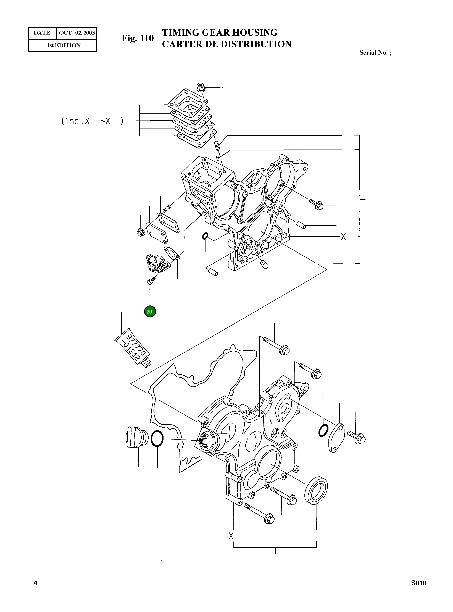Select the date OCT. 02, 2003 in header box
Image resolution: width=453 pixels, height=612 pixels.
click(x=77, y=33)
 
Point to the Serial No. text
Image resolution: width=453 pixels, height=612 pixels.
click(x=375, y=53)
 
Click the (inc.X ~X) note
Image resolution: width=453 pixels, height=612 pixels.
click(x=92, y=121)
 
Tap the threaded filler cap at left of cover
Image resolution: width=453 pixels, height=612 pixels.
click(x=136, y=437)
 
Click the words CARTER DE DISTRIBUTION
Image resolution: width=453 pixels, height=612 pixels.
click(x=226, y=44)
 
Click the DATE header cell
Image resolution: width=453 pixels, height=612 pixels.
click(x=42, y=33)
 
